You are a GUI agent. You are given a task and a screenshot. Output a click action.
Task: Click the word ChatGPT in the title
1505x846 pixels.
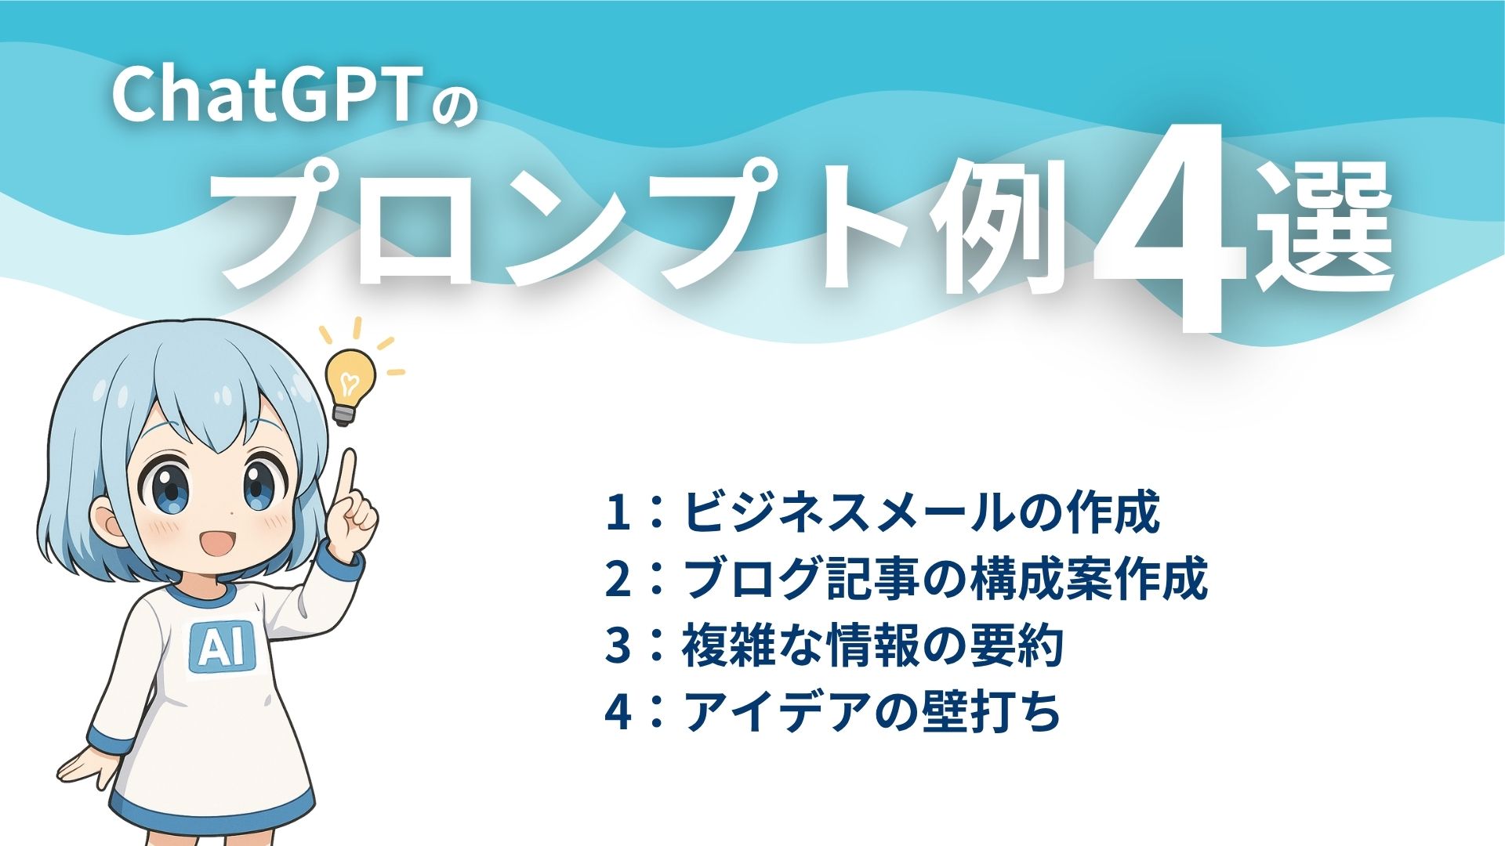(267, 95)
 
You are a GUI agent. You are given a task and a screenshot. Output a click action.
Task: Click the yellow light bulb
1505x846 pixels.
(349, 384)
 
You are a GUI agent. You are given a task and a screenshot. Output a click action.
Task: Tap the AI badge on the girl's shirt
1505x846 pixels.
(223, 645)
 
